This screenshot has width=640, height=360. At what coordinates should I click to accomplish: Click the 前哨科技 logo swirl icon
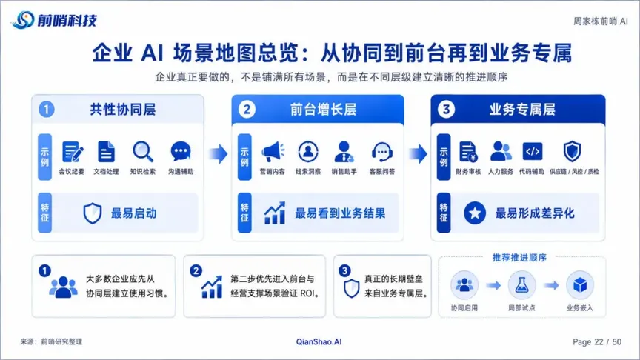pyautogui.click(x=23, y=19)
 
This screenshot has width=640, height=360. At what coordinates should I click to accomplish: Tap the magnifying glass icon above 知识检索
pyautogui.click(x=143, y=152)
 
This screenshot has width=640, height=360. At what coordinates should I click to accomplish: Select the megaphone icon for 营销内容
pyautogui.click(x=273, y=152)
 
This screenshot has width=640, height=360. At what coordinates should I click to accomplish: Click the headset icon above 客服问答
pyautogui.click(x=382, y=152)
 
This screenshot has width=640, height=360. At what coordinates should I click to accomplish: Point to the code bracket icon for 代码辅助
pyautogui.click(x=533, y=151)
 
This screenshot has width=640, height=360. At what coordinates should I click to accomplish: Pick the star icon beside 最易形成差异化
pyautogui.click(x=475, y=213)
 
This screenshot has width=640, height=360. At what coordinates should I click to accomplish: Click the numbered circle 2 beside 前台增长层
pyautogui.click(x=247, y=110)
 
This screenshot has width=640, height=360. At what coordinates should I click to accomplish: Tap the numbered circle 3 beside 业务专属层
pyautogui.click(x=446, y=110)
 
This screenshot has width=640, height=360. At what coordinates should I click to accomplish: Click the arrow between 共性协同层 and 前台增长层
pyautogui.click(x=219, y=154)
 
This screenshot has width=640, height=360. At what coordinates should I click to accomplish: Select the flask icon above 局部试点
pyautogui.click(x=521, y=284)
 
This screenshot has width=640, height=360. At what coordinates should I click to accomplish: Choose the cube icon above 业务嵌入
pyautogui.click(x=579, y=284)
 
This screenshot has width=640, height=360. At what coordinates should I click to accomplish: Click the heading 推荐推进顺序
pyautogui.click(x=519, y=258)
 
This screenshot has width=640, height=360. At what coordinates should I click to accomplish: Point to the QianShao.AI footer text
pyautogui.click(x=319, y=342)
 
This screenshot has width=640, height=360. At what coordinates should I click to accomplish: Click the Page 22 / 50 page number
pyautogui.click(x=597, y=342)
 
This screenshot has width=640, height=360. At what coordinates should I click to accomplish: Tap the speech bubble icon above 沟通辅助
pyautogui.click(x=181, y=151)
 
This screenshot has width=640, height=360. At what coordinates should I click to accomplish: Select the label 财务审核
pyautogui.click(x=468, y=171)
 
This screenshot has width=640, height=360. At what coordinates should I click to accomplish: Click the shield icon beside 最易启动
pyautogui.click(x=93, y=213)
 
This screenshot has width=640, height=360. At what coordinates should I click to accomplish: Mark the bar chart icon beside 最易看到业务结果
pyautogui.click(x=275, y=213)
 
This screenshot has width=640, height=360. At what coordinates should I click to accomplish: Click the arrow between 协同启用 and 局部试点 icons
pyautogui.click(x=493, y=285)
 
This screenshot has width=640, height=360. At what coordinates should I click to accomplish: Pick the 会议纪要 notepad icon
pyautogui.click(x=73, y=152)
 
